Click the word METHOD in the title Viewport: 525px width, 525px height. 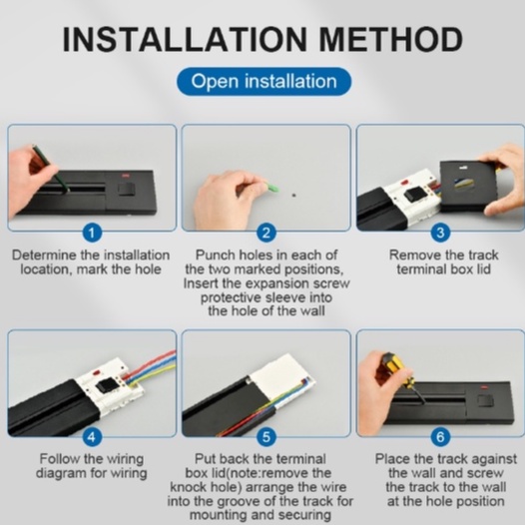tap(390, 40)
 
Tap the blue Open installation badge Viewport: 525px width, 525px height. tap(264, 82)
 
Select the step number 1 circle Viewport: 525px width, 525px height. tap(92, 233)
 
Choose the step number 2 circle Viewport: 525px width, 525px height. tap(266, 233)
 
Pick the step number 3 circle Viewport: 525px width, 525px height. tap(440, 233)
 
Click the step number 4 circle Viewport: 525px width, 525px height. tap(92, 437)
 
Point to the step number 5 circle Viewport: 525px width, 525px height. tap(266, 437)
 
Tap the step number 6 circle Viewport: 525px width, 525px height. tap(440, 437)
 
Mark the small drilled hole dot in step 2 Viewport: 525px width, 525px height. tap(294, 195)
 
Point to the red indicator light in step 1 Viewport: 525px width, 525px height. tap(127, 175)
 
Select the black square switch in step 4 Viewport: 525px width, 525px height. tap(104, 385)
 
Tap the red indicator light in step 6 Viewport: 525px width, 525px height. tap(484, 387)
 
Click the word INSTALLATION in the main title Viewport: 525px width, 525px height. tap(185, 40)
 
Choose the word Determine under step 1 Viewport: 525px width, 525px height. tap(44, 256)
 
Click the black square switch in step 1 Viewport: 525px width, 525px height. tap(126, 190)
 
